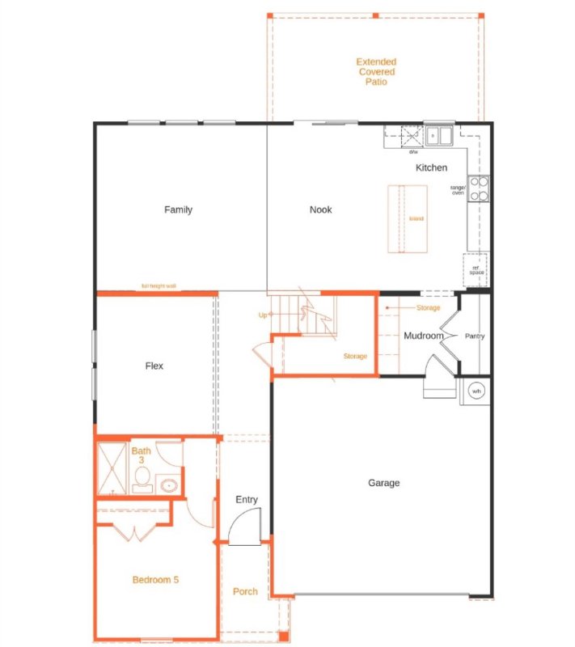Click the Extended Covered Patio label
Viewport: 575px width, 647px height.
376,71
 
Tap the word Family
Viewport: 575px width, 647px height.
178,210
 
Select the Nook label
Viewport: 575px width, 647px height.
321,210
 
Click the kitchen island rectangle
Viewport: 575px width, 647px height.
408,218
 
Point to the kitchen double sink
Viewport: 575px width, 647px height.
440,136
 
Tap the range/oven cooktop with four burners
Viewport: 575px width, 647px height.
479,188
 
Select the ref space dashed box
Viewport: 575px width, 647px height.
476,268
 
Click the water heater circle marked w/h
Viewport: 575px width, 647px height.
476,390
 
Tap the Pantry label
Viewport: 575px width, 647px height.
474,336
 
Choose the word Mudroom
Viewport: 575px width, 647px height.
424,336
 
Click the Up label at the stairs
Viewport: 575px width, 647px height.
262,315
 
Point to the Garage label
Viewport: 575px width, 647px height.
384,483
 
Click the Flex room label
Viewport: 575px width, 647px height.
154,366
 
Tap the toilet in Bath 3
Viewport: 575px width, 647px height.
142,481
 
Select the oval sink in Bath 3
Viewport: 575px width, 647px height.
169,485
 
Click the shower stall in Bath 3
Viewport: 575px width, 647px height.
112,468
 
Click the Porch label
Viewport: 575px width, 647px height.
245,591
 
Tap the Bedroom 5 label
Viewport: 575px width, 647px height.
154,580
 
